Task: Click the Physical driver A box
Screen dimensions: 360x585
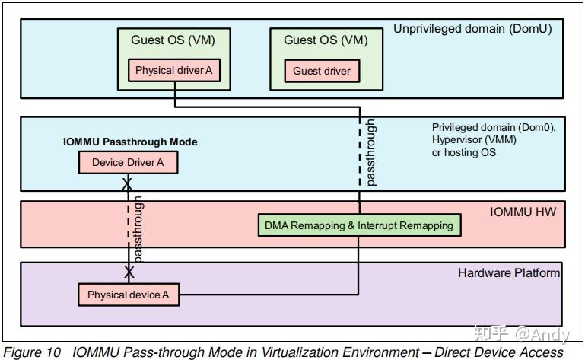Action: [174, 71]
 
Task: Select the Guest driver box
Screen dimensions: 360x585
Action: [322, 71]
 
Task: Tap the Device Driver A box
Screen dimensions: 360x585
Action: [128, 162]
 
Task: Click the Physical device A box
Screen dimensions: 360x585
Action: [128, 295]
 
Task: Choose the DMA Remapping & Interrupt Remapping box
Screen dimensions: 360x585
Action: [358, 225]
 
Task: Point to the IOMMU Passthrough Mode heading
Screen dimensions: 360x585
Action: [130, 142]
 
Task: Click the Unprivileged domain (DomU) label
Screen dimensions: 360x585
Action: [472, 29]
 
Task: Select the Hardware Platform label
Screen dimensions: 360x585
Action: [508, 272]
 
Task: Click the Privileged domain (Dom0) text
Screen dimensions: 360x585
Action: [494, 128]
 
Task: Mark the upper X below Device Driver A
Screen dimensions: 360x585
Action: [128, 183]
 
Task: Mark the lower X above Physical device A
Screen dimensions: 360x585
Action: [129, 272]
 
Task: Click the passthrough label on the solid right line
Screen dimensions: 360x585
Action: [370, 152]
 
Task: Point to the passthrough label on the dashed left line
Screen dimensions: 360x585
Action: [138, 228]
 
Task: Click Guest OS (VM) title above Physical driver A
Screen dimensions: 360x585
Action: [172, 40]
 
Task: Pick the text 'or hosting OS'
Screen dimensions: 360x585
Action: [463, 153]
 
